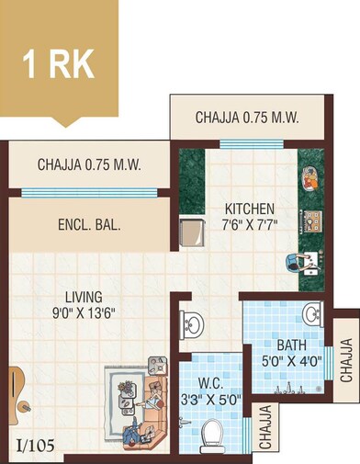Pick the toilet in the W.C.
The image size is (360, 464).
click(212, 433)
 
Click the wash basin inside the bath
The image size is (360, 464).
click(312, 315)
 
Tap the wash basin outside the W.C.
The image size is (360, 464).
click(192, 323)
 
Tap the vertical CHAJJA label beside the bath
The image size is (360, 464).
click(345, 360)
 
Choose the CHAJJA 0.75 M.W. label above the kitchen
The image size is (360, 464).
click(247, 118)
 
